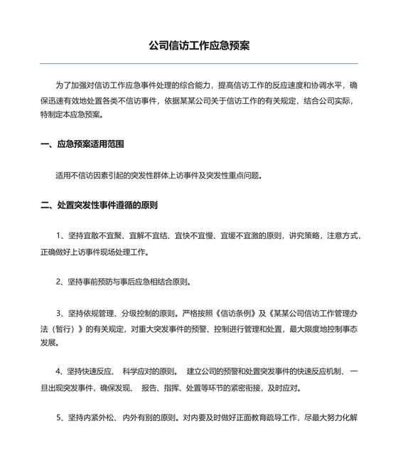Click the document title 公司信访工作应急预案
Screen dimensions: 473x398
tap(198, 46)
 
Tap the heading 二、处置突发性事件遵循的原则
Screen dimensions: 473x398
tap(99, 205)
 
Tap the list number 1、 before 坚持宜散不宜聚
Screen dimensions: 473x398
tap(61, 235)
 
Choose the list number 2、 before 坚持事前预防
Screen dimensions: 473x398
tap(61, 282)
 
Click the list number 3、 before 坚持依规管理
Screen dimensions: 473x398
tap(61, 313)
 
